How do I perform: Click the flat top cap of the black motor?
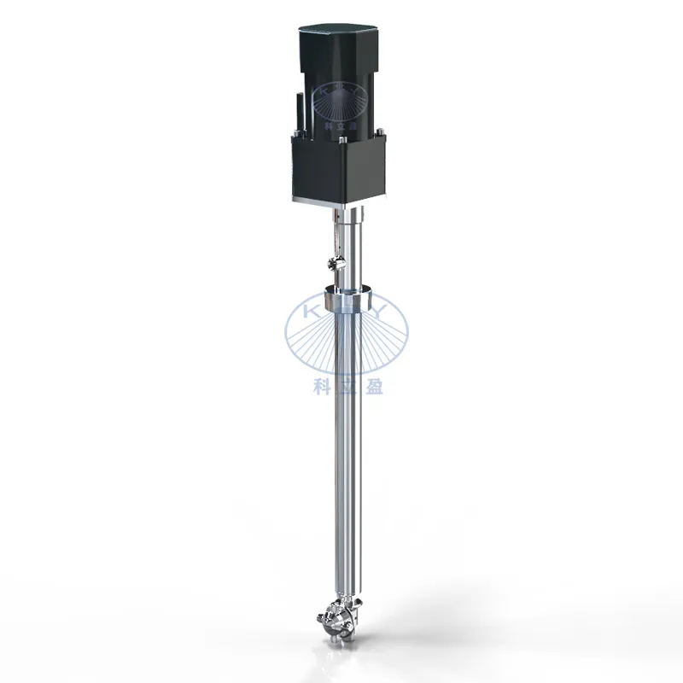(341, 36)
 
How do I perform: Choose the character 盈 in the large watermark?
(373, 385)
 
